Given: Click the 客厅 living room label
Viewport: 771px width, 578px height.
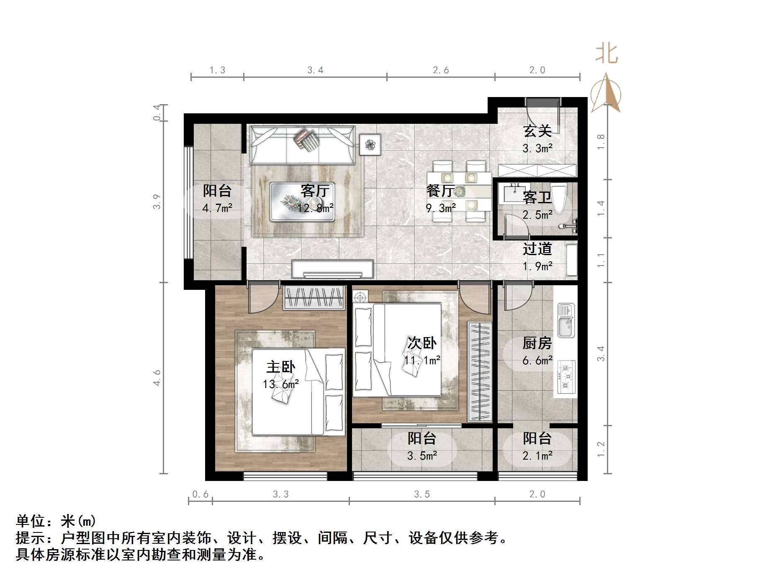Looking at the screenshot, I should point(315,191).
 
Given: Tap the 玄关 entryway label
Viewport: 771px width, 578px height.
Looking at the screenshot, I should point(537,131).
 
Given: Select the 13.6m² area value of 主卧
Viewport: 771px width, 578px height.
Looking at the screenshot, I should point(280,384).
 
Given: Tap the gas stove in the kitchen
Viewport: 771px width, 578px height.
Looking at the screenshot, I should point(566,377).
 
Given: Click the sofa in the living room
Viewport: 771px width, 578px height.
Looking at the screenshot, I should point(302,145).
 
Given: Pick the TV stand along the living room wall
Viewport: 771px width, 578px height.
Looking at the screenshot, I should point(332,269).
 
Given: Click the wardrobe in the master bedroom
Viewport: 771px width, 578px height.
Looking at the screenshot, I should point(314,298).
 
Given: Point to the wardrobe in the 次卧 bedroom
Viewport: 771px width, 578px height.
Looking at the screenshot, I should point(480,371).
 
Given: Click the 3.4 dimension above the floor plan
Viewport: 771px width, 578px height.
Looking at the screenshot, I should point(315,70).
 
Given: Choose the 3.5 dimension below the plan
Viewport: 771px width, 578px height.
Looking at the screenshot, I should point(422,494).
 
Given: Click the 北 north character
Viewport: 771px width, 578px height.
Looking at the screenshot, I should point(607,54).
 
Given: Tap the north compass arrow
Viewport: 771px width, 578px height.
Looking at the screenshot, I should point(606,93).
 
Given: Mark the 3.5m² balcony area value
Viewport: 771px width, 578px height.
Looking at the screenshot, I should point(422,455).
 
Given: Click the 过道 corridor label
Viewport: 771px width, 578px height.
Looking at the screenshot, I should point(537,249).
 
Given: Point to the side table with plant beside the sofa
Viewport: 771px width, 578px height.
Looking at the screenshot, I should point(370,145).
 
